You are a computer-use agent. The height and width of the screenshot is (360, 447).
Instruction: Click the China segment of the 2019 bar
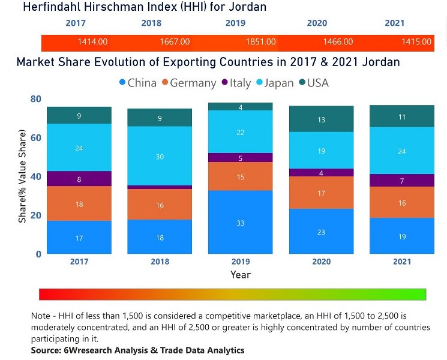240,222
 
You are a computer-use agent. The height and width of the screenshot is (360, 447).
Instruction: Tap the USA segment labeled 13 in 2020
321,119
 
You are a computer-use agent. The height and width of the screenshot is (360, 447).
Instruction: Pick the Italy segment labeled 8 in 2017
79,178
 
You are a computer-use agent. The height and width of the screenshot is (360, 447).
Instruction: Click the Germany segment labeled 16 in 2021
402,203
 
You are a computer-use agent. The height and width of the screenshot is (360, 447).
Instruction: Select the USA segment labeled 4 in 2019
240,107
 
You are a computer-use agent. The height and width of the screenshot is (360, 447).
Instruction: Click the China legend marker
122,83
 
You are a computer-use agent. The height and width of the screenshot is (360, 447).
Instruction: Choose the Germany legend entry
188,83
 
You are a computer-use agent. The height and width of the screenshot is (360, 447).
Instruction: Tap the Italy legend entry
236,83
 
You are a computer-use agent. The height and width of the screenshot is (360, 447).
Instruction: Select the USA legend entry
312,83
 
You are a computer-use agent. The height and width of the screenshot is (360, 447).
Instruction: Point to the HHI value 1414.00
92,42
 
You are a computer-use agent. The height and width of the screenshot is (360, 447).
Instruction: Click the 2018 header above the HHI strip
151,23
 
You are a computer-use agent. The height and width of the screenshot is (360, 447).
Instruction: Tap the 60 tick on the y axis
36,137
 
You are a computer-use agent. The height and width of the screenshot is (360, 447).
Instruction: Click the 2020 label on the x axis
321,262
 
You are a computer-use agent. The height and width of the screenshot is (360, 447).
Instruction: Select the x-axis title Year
240,275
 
